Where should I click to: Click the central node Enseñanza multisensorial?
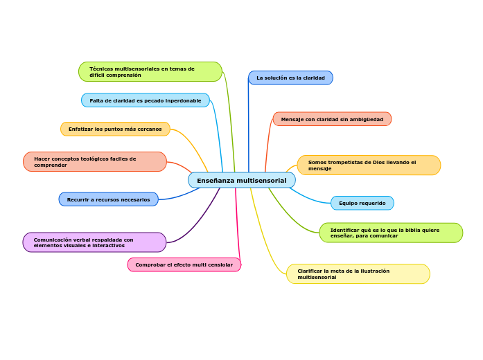click(x=241, y=180)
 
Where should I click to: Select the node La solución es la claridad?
click(x=290, y=78)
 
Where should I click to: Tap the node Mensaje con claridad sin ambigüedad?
click(x=332, y=119)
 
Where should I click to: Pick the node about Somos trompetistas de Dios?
click(x=369, y=165)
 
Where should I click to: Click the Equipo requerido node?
click(x=362, y=203)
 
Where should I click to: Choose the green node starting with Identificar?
click(x=391, y=233)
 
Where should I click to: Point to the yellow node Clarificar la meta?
click(x=358, y=273)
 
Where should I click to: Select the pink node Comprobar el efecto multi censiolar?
click(x=184, y=264)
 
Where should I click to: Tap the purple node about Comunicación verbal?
click(x=94, y=242)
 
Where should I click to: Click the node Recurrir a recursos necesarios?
click(x=108, y=199)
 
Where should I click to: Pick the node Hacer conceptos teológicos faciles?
click(x=94, y=161)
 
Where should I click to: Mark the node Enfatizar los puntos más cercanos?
click(x=115, y=129)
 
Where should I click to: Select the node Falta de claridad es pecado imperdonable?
click(x=145, y=100)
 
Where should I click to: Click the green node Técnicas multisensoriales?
click(x=150, y=71)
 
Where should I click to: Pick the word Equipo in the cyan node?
click(x=349, y=204)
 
